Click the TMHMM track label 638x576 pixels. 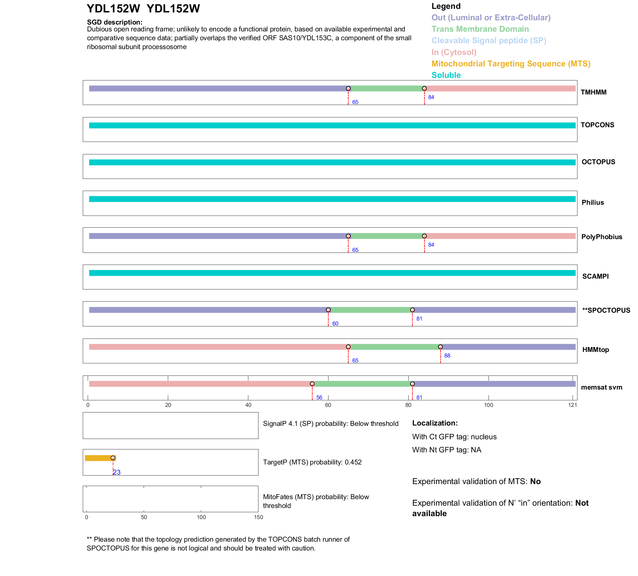(x=593, y=92)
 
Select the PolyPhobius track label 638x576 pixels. (x=601, y=237)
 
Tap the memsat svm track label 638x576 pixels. (x=601, y=387)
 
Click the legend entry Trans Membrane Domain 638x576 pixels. (x=480, y=29)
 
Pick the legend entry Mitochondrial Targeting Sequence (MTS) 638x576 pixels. (x=511, y=64)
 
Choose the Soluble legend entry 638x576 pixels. (x=446, y=75)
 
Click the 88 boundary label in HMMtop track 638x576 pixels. (x=447, y=356)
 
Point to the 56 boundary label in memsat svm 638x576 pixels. (x=319, y=397)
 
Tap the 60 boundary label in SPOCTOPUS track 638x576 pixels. (x=335, y=323)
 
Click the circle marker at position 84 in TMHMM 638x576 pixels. (x=424, y=88)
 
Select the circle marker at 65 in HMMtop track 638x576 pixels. (x=348, y=347)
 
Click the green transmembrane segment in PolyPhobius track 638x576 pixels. (x=386, y=236)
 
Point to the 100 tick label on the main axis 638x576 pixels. (x=488, y=405)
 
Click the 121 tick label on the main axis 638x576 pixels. (x=573, y=405)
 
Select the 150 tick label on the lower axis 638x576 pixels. (x=258, y=517)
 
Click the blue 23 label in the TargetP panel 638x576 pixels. (x=117, y=472)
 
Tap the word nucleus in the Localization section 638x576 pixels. (x=484, y=437)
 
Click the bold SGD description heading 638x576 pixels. (x=115, y=22)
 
